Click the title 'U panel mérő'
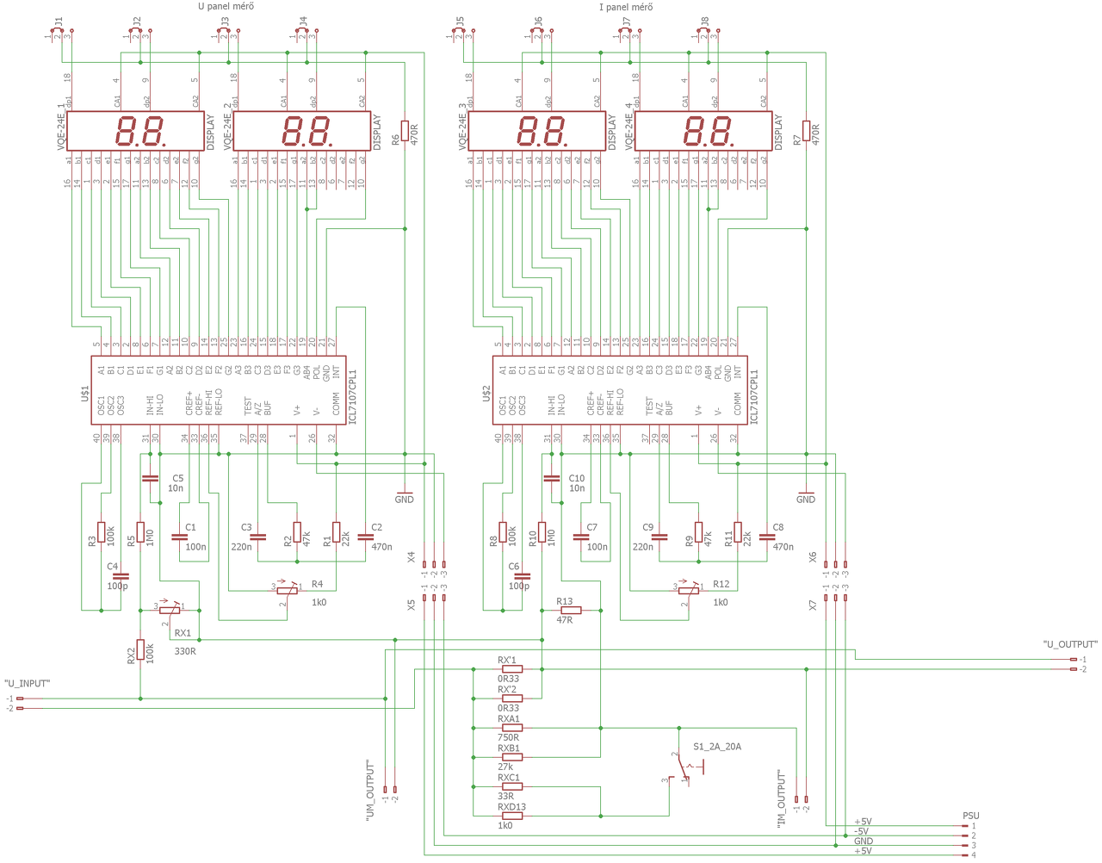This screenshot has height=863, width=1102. (x=226, y=7)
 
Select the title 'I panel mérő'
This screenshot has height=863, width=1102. (x=626, y=8)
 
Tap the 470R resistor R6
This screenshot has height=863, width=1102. (x=405, y=131)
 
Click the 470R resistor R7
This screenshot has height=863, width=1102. (x=807, y=131)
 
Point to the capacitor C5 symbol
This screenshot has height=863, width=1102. (x=150, y=478)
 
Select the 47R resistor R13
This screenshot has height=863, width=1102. (x=570, y=611)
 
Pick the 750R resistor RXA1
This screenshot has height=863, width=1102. (x=511, y=728)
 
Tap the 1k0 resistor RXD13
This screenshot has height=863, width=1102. (x=511, y=816)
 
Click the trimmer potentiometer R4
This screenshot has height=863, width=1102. (x=288, y=590)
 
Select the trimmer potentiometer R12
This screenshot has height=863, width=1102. (x=689, y=590)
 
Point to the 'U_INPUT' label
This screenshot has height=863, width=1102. (x=28, y=684)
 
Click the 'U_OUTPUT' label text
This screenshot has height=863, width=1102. (x=1070, y=645)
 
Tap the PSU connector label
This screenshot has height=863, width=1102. (x=970, y=816)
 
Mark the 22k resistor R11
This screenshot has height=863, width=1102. (x=738, y=532)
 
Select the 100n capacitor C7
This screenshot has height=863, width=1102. (x=580, y=537)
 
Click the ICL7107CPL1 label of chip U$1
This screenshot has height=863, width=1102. (x=352, y=397)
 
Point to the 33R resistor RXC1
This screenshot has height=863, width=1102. (x=511, y=786)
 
